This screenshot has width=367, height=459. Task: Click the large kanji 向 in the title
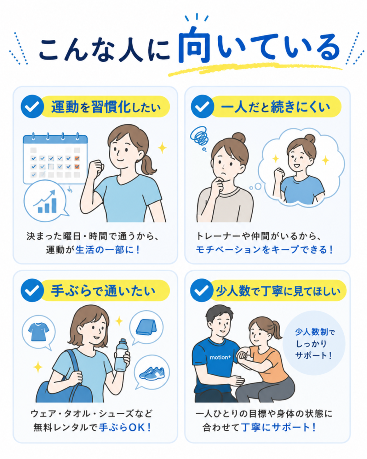click(x=194, y=44)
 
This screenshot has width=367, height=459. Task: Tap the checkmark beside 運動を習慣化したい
click(x=32, y=107)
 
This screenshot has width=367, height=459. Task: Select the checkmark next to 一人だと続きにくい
click(x=203, y=107)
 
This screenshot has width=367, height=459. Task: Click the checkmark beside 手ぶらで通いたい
click(x=32, y=290)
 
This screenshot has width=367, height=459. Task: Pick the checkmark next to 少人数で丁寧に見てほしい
click(x=202, y=290)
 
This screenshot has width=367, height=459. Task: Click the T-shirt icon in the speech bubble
click(x=39, y=332)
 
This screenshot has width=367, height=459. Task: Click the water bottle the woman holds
click(x=121, y=355)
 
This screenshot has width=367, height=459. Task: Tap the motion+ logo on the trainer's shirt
click(x=220, y=357)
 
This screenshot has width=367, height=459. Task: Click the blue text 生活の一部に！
click(x=108, y=250)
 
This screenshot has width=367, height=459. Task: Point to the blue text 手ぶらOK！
click(x=125, y=427)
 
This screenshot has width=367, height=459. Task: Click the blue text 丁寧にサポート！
click(x=279, y=427)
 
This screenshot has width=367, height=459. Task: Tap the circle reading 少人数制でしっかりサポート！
click(x=314, y=343)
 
